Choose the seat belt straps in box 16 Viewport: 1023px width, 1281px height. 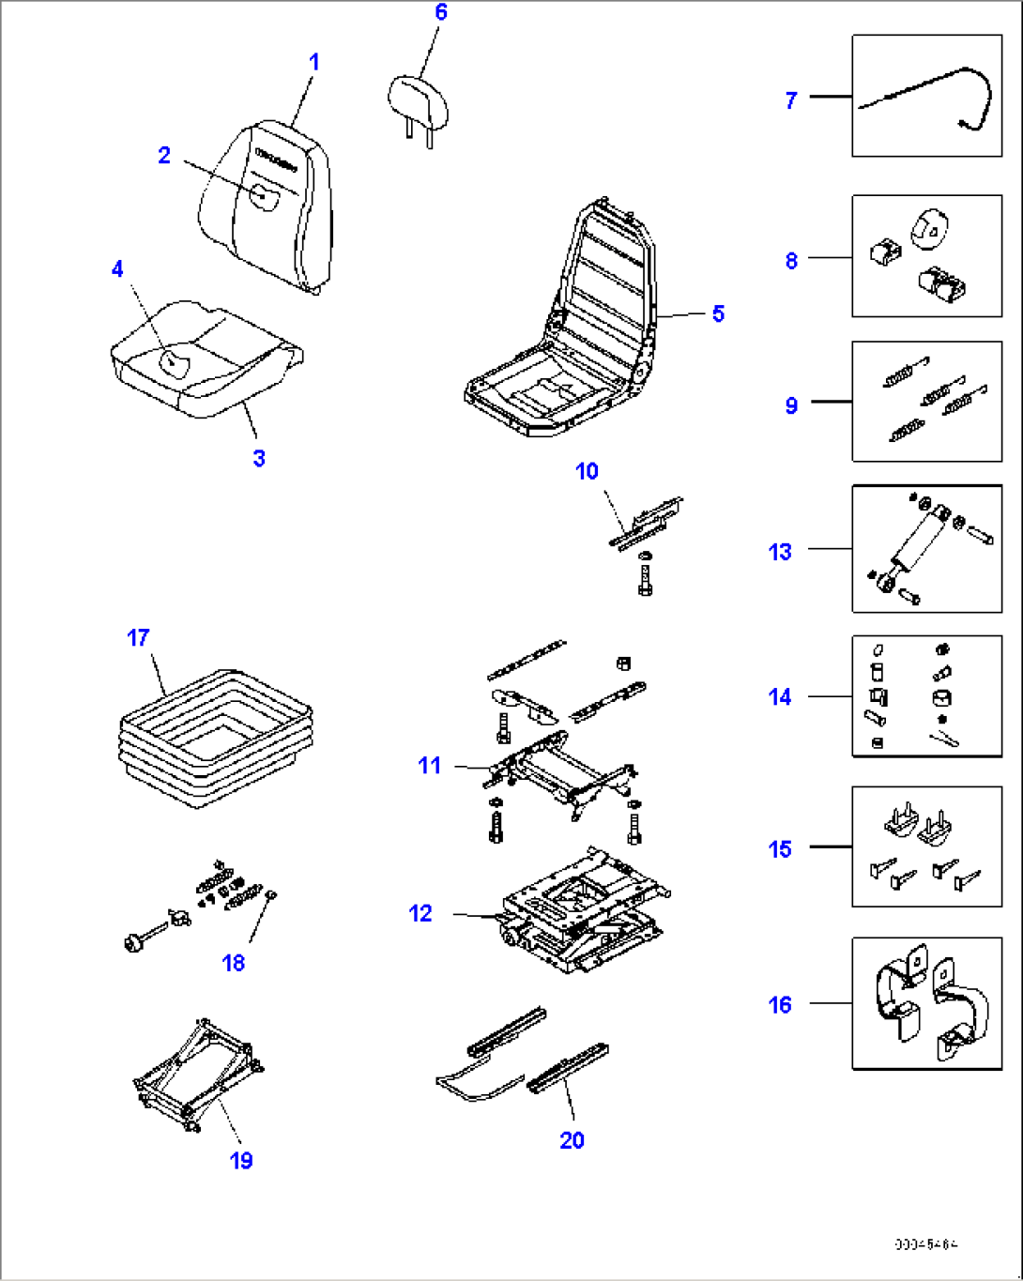point(925,1004)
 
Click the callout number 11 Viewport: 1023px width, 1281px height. point(429,766)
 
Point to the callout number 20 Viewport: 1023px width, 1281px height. point(572,1140)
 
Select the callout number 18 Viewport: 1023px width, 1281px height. point(233,963)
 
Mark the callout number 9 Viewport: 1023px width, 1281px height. point(791,405)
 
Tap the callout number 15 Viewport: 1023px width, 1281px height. point(780,849)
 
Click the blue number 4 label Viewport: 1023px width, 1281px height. point(117,270)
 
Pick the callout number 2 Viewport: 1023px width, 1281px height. point(164,156)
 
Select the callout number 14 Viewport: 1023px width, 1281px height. point(780,697)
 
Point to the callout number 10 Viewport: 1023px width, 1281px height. point(587,471)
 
